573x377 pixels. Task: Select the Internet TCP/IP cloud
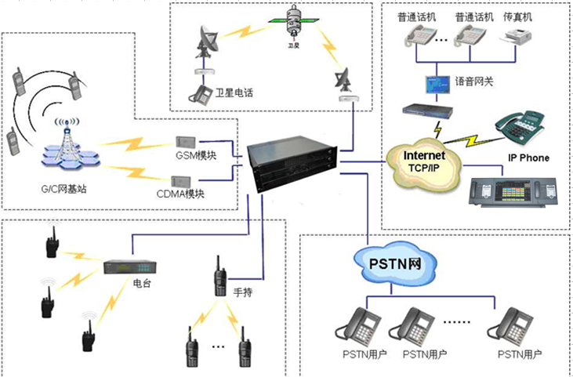[x=424, y=161]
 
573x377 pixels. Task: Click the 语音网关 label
[x=471, y=80]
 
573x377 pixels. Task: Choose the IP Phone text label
[x=529, y=158]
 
